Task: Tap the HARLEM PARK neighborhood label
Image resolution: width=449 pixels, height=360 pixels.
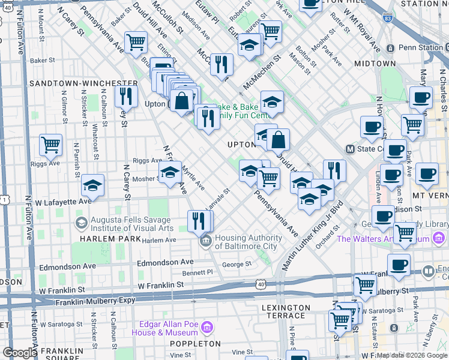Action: click(97, 239)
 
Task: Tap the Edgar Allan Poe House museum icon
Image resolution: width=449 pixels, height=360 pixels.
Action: click(207, 328)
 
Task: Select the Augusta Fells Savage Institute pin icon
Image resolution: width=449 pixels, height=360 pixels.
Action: click(81, 223)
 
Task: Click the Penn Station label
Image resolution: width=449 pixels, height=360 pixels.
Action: click(414, 47)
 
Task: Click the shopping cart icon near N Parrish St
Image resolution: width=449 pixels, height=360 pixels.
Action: click(51, 144)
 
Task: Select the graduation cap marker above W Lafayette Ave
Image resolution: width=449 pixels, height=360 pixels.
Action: click(93, 185)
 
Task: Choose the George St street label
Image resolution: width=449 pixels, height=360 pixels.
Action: click(236, 263)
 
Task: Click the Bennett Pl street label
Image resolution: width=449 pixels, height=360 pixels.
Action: click(197, 272)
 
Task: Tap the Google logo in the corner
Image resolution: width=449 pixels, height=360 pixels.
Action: click(20, 353)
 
